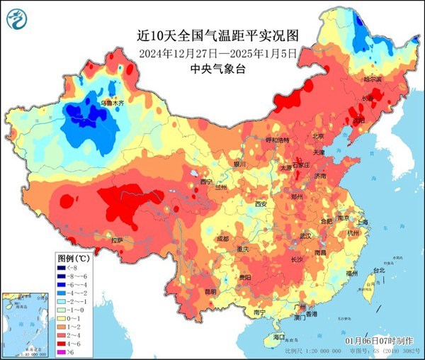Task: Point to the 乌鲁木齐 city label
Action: tap(110, 103)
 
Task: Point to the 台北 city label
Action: tap(378, 271)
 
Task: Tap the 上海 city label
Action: tap(363, 223)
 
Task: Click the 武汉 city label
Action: tap(306, 235)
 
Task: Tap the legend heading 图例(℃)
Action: tap(74, 258)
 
